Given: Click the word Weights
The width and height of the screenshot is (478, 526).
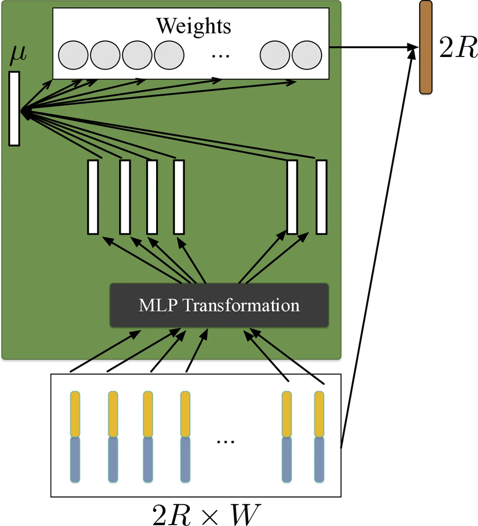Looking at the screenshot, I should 193,26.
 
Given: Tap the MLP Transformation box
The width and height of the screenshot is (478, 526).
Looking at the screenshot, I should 219,305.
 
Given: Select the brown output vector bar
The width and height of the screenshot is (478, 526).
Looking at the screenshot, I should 425,47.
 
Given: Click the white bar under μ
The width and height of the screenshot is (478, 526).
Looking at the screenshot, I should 14,109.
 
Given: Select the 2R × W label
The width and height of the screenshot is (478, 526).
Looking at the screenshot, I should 207,514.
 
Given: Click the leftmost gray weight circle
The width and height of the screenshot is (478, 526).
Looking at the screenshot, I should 73,55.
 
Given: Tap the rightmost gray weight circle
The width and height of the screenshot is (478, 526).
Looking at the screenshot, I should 307,55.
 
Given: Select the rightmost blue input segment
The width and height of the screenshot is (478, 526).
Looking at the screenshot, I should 319,459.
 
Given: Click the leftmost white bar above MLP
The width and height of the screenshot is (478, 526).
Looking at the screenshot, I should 93,197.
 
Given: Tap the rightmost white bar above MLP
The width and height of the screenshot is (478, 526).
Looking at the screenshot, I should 321,197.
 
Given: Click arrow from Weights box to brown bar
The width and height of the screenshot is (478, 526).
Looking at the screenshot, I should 373,47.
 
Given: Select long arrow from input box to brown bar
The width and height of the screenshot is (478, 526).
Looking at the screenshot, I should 377,245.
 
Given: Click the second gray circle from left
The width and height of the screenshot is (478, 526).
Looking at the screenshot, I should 105,55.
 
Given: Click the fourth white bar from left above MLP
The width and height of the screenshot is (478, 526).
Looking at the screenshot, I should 178,197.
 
